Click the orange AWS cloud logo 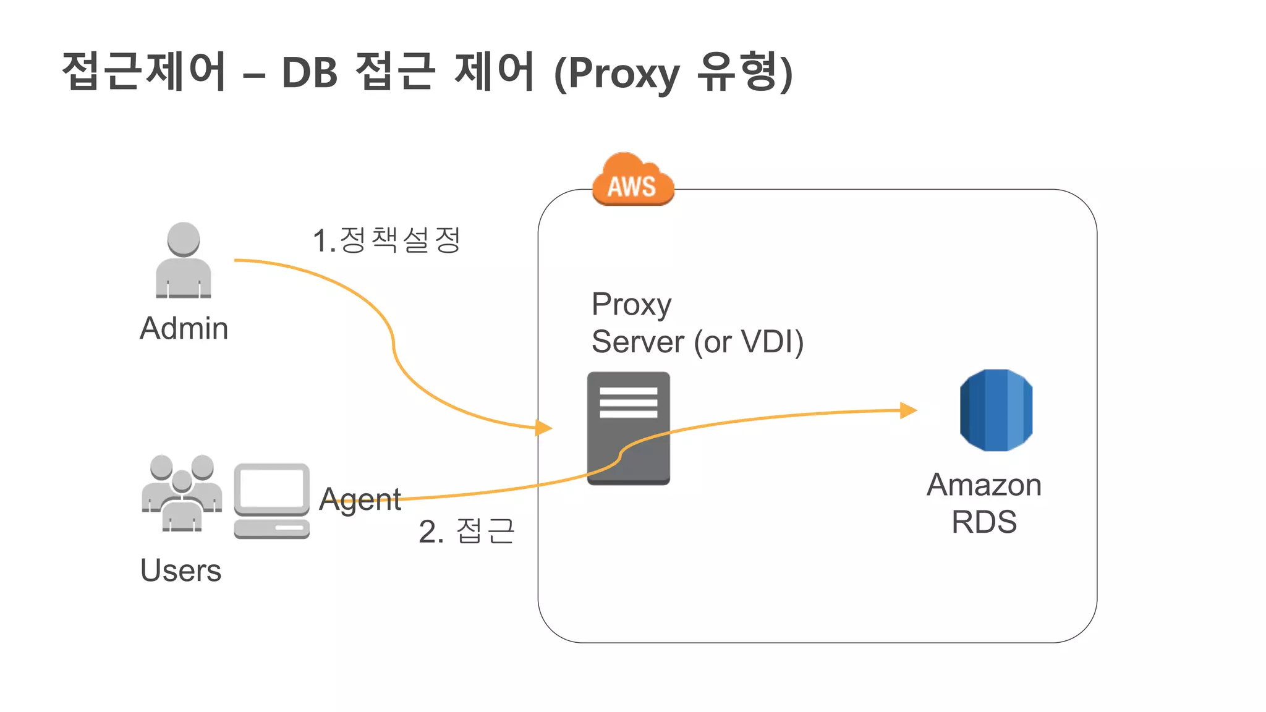click(632, 180)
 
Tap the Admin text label click(184, 328)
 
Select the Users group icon click(182, 493)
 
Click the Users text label click(181, 570)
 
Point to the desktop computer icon click(271, 501)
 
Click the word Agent click(360, 499)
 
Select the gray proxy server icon click(628, 428)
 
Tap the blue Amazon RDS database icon click(996, 410)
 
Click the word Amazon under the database click(983, 485)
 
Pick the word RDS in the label click(983, 522)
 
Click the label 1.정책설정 click(386, 240)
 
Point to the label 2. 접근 click(466, 531)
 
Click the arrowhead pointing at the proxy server click(544, 427)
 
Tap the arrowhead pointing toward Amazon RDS click(908, 410)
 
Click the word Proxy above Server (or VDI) click(631, 305)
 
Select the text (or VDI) click(749, 342)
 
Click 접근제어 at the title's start click(144, 71)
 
